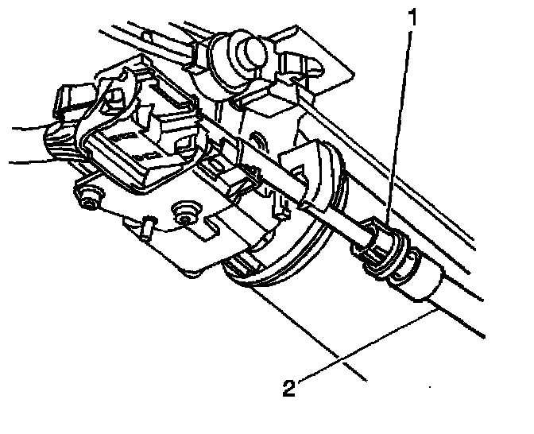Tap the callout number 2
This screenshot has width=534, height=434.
290,389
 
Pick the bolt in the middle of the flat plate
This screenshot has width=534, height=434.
187,211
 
